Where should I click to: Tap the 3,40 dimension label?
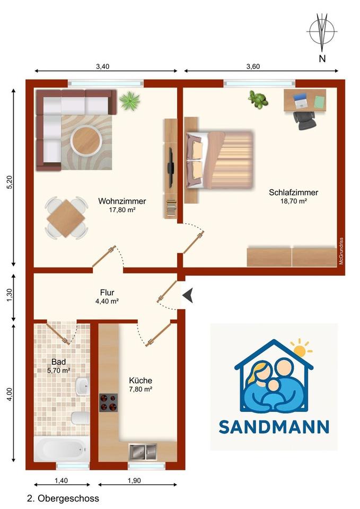coord(103,67)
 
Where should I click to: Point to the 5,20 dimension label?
coord(8,182)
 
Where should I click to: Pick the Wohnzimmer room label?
coord(122,201)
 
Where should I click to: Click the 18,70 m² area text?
coord(294,201)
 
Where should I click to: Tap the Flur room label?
coord(107,292)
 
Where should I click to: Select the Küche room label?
coord(141,381)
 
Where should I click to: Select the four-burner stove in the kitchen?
coord(108,402)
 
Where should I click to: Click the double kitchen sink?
coord(143,452)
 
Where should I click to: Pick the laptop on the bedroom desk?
coord(301,99)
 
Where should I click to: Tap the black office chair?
coord(304,119)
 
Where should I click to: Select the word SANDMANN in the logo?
coord(274,427)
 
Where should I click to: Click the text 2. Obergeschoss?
coord(63,498)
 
